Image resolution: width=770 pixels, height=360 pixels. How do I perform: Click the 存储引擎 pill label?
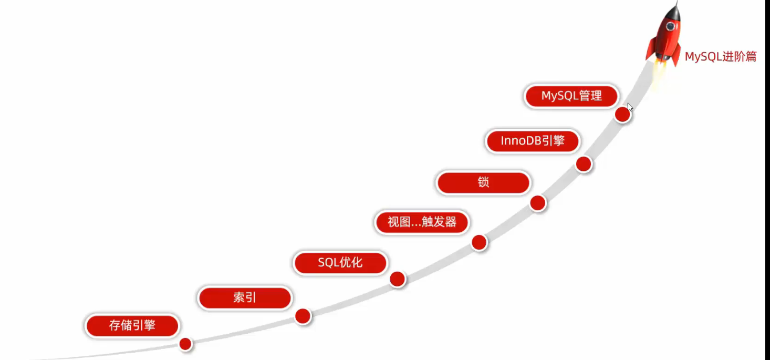132,326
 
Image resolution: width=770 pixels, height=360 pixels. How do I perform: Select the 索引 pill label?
244,298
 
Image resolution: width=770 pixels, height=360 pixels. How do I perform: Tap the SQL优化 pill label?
340,263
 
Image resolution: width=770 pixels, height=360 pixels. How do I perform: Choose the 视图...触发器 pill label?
422,222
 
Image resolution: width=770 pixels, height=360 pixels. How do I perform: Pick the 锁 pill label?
483,183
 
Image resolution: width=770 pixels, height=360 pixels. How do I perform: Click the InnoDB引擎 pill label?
532,141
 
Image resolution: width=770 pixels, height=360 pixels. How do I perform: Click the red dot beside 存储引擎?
185,344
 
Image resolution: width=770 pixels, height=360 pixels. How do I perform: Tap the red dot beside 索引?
303,316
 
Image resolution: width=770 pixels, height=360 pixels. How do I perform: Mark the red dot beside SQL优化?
398,279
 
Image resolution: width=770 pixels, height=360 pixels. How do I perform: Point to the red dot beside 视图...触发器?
479,242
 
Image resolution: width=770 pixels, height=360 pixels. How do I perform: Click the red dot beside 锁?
538,203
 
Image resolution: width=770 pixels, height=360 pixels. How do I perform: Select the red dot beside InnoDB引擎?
584,164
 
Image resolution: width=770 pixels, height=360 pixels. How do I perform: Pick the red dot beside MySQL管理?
622,114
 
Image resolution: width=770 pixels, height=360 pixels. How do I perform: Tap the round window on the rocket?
670,26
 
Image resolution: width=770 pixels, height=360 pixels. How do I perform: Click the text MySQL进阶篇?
720,57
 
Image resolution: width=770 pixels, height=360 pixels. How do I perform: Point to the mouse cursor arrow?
630,107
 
